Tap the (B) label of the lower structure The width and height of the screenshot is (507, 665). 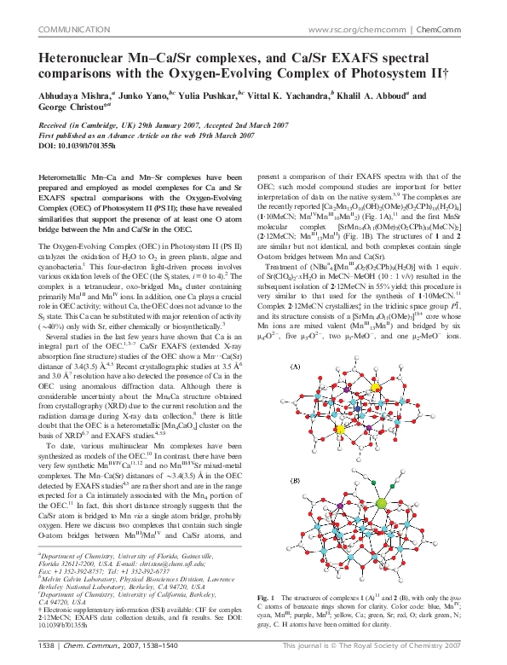(x=296, y=481)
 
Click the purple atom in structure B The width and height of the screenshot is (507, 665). (x=341, y=506)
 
